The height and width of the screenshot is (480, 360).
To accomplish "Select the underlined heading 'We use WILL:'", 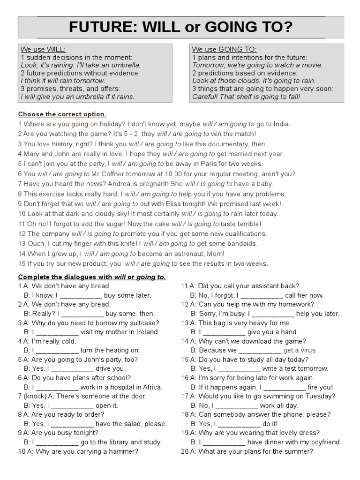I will (x=43, y=49).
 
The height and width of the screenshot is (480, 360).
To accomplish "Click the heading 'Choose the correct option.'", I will (x=62, y=114).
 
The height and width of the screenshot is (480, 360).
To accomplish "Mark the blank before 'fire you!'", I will (x=284, y=388).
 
